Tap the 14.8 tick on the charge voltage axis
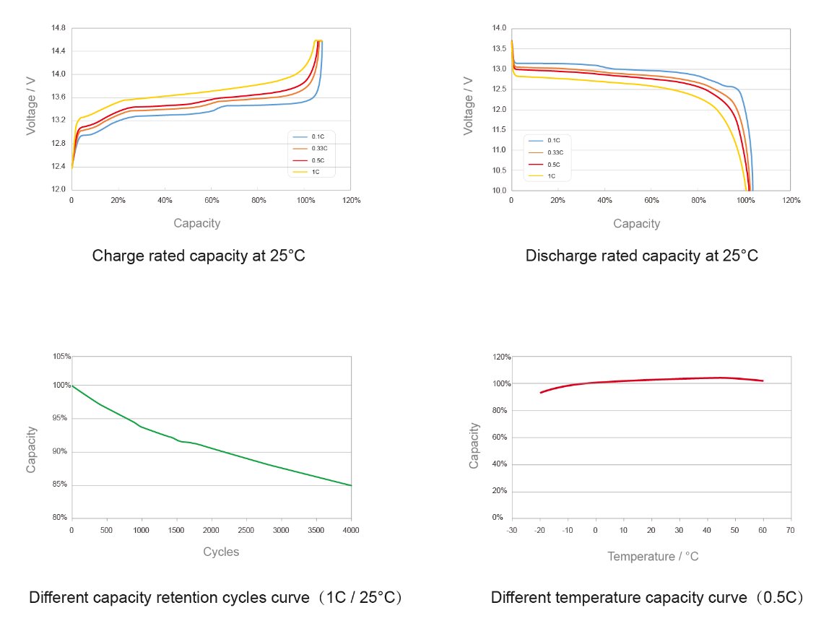[58, 28]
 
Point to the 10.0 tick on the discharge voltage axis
[500, 191]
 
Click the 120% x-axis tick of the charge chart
[351, 200]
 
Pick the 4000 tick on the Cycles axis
[351, 529]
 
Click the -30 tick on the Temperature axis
[512, 529]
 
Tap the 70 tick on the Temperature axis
[791, 529]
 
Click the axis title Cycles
[221, 552]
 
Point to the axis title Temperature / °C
[653, 556]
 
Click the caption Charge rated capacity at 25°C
[204, 256]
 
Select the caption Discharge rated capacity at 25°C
[641, 256]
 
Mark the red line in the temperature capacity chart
[650, 380]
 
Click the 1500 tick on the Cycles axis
[176, 529]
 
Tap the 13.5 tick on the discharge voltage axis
[500, 48]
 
